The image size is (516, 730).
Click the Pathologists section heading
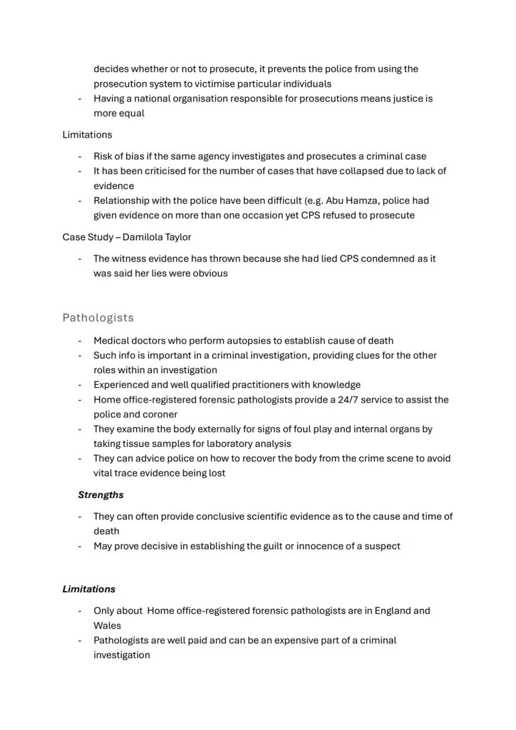tap(98, 318)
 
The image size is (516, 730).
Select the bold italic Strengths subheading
tap(100, 495)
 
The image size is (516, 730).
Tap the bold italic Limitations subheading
tap(88, 589)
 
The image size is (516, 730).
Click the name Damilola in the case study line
tap(145, 238)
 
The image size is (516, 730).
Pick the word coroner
tap(159, 415)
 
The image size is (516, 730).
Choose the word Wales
tap(107, 626)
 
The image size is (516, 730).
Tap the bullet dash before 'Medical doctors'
tap(80, 341)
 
